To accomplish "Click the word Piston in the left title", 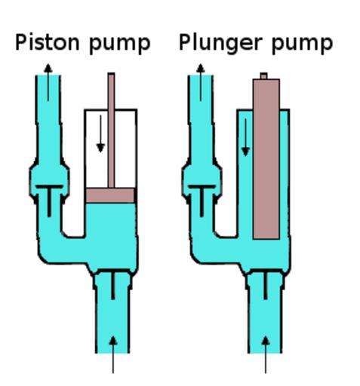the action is coord(48,42).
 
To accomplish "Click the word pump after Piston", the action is coord(120,44).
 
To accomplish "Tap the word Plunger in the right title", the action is coord(220,44).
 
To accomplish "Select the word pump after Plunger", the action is coord(303,44).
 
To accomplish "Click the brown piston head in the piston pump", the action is coord(110,195).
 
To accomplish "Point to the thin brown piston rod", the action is coord(111,130).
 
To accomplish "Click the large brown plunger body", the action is coord(266,159).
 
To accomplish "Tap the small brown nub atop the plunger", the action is coord(263,76).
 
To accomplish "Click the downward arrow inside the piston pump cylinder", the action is coord(100,133).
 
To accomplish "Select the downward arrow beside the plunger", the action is coord(245,137).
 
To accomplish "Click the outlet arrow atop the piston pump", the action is coord(48,82).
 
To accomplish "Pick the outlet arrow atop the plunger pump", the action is coord(201,82).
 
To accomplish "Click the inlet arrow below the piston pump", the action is coord(113,354).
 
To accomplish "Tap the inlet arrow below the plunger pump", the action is coord(266,354).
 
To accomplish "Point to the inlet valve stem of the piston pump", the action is coord(113,286).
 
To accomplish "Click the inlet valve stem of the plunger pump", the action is coord(266,286).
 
